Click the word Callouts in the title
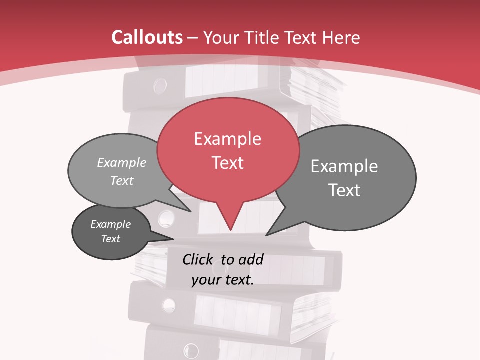(x=147, y=37)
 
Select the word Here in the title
(x=342, y=37)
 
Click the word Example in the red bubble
(x=227, y=139)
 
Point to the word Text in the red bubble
(x=227, y=163)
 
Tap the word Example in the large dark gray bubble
(x=344, y=166)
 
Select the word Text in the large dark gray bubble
(x=344, y=190)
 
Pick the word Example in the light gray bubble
(x=122, y=163)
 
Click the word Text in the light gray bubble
(x=122, y=180)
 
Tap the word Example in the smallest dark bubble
(x=111, y=224)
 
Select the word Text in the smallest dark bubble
(x=111, y=239)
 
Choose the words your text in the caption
(x=223, y=280)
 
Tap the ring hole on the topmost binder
(x=160, y=86)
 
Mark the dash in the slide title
(x=193, y=38)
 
